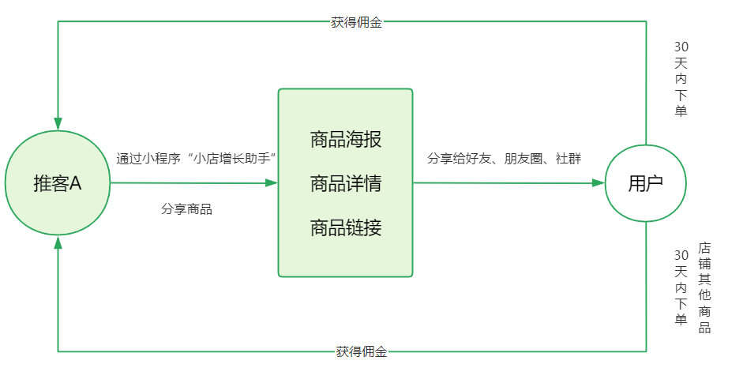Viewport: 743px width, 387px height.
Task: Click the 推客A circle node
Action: (x=58, y=183)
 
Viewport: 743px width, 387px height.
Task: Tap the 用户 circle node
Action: (x=645, y=183)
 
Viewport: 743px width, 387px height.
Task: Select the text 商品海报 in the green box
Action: (x=345, y=141)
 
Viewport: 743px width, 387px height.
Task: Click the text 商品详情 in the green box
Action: (x=345, y=185)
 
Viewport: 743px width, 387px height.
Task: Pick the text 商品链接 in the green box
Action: (x=345, y=228)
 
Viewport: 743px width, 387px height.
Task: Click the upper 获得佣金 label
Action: (x=356, y=22)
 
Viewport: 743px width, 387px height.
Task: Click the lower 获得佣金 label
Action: (x=361, y=351)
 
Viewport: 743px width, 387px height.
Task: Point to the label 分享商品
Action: (x=186, y=209)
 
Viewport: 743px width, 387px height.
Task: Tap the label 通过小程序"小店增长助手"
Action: (x=195, y=158)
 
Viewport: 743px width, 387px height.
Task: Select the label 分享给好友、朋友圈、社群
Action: (x=504, y=158)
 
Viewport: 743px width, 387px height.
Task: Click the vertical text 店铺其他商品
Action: (x=704, y=287)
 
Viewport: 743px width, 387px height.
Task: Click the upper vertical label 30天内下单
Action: (x=681, y=79)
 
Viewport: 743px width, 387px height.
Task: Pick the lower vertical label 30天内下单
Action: (x=681, y=287)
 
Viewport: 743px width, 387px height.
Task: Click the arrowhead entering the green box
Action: (x=271, y=183)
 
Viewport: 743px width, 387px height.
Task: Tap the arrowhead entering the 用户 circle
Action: (x=599, y=183)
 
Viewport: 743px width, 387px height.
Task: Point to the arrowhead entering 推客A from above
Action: (x=58, y=123)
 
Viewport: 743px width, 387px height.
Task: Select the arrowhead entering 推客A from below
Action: (x=58, y=242)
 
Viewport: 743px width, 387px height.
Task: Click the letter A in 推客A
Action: (x=77, y=183)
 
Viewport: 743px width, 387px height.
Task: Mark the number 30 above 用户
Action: (x=681, y=47)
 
